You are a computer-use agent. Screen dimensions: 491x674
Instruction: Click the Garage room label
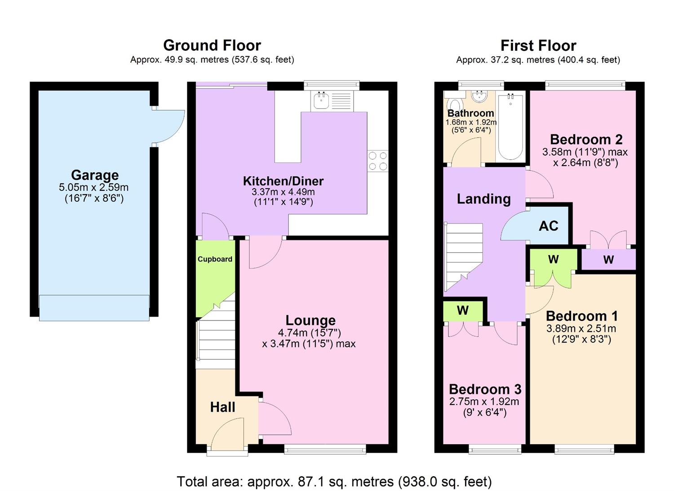point(95,175)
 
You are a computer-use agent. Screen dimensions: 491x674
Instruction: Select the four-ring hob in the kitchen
point(378,161)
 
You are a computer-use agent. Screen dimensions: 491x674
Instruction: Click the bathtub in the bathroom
point(510,126)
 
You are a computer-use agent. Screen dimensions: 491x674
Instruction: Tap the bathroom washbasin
point(480,96)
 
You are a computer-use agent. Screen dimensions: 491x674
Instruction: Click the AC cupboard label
point(548,226)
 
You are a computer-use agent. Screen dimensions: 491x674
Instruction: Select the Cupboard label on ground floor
point(215,259)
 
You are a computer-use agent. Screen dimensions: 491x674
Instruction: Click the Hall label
point(222,407)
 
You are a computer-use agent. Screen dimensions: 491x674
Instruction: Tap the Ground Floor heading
point(212,45)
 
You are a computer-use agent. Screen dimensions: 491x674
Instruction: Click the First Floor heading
point(538,45)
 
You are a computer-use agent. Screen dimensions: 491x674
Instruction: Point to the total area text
point(334,482)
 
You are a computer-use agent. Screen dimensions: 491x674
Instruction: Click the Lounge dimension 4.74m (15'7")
point(310,333)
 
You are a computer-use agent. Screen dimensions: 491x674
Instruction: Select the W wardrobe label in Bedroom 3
point(463,311)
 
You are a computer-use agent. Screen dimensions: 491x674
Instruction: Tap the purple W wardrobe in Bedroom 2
point(608,260)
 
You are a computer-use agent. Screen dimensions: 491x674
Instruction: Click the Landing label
point(483,199)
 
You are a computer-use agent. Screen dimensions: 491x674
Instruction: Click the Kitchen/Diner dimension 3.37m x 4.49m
point(283,192)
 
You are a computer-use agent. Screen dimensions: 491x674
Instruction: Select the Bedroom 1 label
point(581,316)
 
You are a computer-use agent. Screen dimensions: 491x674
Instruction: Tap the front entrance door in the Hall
point(227,434)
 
